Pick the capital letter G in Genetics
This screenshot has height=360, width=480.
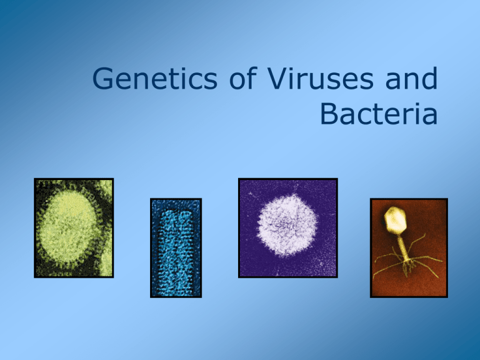pos(103,81)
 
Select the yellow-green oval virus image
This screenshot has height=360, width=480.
pos(74,227)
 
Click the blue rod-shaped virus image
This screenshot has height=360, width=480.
pos(176,247)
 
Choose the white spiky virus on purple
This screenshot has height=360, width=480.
pos(287,227)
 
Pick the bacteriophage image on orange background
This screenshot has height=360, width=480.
pos(409,247)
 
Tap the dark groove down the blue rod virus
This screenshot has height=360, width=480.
pos(176,250)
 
